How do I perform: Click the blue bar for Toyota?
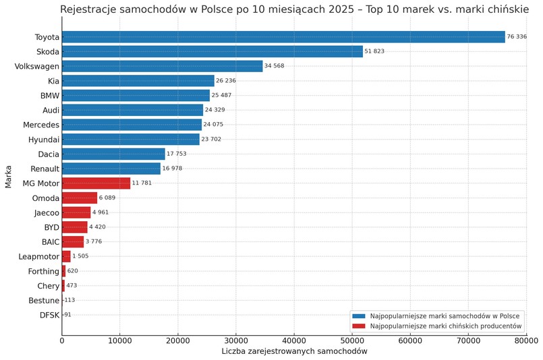[283, 37]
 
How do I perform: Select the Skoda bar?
[212, 51]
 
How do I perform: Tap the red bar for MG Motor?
[96, 183]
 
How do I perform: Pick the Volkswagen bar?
[162, 66]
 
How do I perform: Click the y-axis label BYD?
[51, 227]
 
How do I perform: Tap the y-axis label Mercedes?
[41, 125]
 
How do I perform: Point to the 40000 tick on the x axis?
[293, 341]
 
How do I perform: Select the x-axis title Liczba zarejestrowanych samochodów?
[294, 352]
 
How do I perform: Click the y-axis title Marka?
[8, 177]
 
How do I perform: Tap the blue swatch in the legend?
[358, 316]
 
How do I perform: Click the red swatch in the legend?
[358, 326]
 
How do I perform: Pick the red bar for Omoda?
[80, 198]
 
